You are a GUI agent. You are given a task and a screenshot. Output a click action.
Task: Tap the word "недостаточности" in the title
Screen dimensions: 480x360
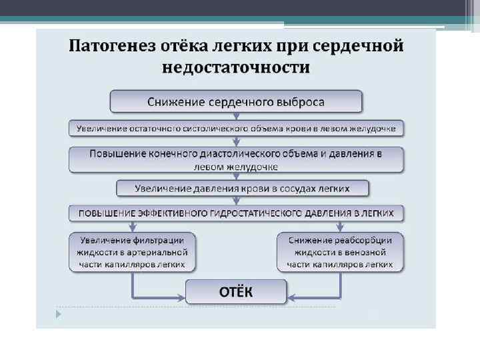[236, 67]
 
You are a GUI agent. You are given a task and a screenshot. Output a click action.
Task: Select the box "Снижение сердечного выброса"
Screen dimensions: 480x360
[236, 102]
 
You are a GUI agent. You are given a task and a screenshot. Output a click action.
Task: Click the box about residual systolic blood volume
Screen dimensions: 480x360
[236, 128]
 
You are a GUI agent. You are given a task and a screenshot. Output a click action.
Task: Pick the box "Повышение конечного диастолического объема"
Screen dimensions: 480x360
[236, 159]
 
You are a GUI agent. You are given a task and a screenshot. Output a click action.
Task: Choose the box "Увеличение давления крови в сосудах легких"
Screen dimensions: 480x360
[236, 189]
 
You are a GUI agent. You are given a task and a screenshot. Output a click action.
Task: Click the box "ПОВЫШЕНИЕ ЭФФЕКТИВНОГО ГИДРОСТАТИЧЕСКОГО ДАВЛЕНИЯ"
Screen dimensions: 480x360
[236, 213]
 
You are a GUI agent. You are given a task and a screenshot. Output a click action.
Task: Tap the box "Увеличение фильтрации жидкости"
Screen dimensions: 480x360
[133, 252]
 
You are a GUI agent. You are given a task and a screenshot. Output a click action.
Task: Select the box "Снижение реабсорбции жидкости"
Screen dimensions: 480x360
[340, 252]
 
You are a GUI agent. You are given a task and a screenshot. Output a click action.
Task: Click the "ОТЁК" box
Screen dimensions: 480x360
[236, 291]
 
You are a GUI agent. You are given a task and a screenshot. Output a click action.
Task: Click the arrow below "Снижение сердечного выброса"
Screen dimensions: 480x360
[236, 116]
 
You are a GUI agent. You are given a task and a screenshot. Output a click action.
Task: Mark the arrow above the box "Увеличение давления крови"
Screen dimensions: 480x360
[236, 176]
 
